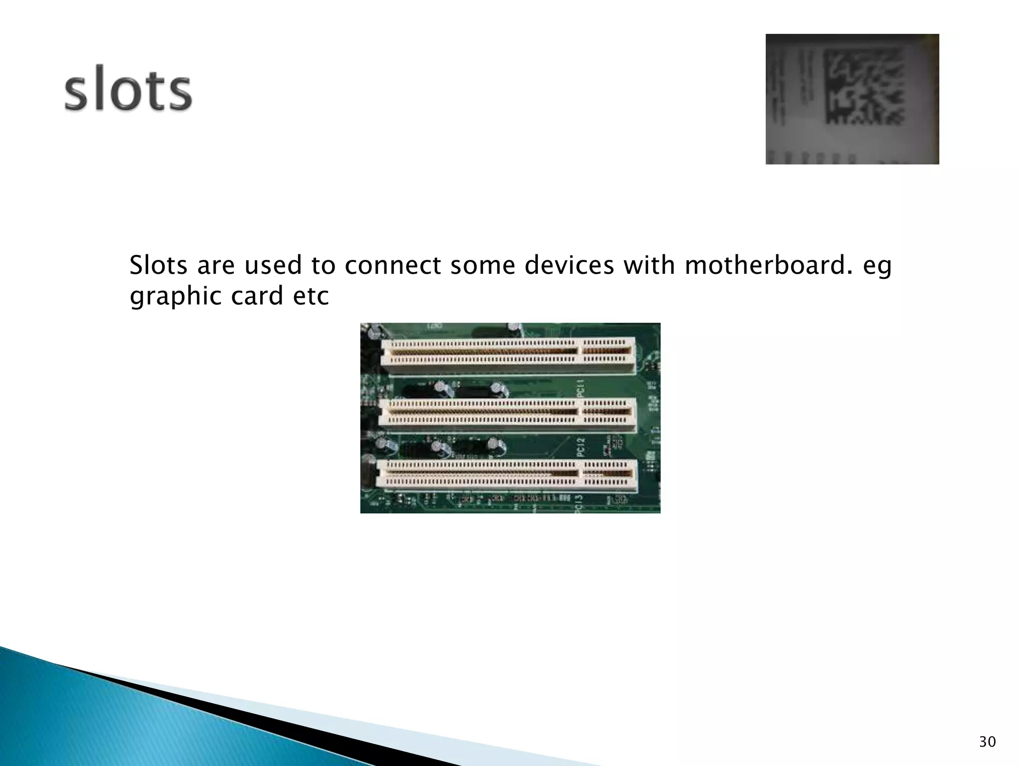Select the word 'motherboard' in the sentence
point(765,265)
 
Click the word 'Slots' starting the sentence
point(159,265)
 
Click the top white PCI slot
point(508,355)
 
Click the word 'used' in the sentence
point(273,265)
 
